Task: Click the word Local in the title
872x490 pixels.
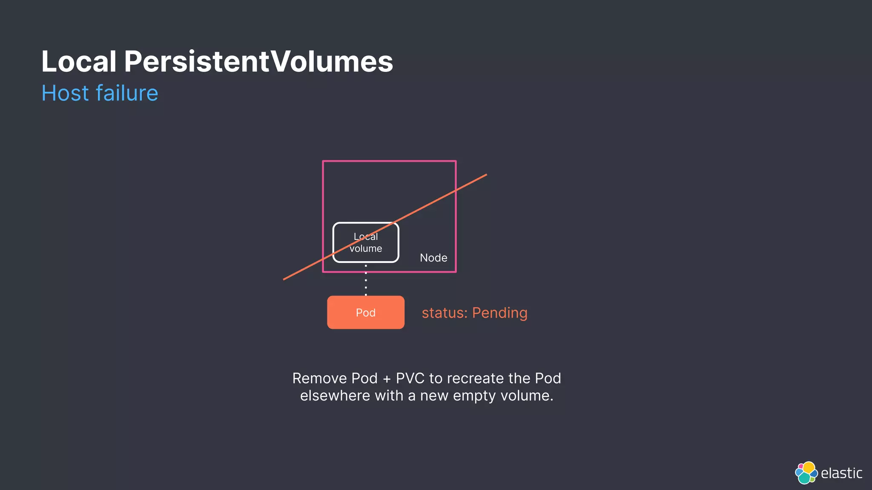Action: coord(79,62)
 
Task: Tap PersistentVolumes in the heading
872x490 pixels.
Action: coord(258,62)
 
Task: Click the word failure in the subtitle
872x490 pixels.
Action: coord(127,93)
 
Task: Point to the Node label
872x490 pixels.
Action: coord(433,258)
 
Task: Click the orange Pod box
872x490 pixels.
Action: coord(366,313)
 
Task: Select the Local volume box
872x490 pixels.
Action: coord(366,242)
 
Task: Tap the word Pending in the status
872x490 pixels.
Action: coord(500,313)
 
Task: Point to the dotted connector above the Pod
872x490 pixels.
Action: coord(366,279)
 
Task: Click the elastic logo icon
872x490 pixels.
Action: coord(806,473)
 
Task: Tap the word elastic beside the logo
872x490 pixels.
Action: coord(841,473)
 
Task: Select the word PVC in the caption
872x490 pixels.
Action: coord(410,378)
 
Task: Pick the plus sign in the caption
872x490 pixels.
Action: coord(387,379)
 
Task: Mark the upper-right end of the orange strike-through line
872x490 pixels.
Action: coord(486,175)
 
